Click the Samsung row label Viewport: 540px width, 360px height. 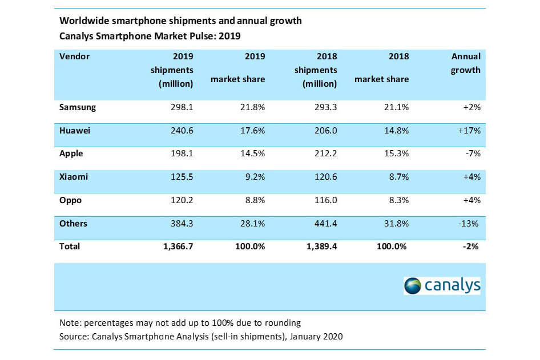(x=78, y=107)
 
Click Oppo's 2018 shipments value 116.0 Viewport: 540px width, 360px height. (x=325, y=201)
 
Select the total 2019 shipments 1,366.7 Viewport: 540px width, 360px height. (x=175, y=247)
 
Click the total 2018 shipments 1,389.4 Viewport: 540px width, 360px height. (x=319, y=247)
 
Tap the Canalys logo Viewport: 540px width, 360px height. (x=442, y=285)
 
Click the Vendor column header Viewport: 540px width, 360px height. (x=75, y=56)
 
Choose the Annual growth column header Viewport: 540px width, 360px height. (x=466, y=63)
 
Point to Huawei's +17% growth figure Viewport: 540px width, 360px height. (x=469, y=131)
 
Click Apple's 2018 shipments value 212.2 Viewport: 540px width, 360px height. (x=325, y=154)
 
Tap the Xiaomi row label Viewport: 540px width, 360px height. (x=74, y=177)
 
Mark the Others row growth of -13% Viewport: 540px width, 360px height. (x=470, y=224)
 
